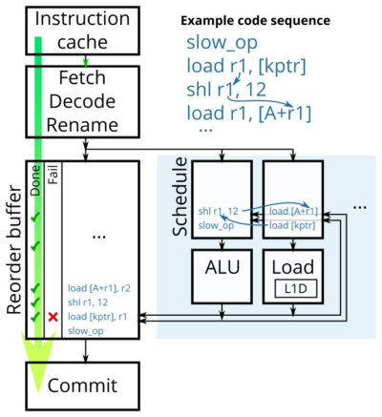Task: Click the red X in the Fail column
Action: click(x=53, y=316)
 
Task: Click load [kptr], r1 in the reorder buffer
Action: click(x=100, y=315)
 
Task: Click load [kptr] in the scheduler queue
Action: click(x=292, y=225)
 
